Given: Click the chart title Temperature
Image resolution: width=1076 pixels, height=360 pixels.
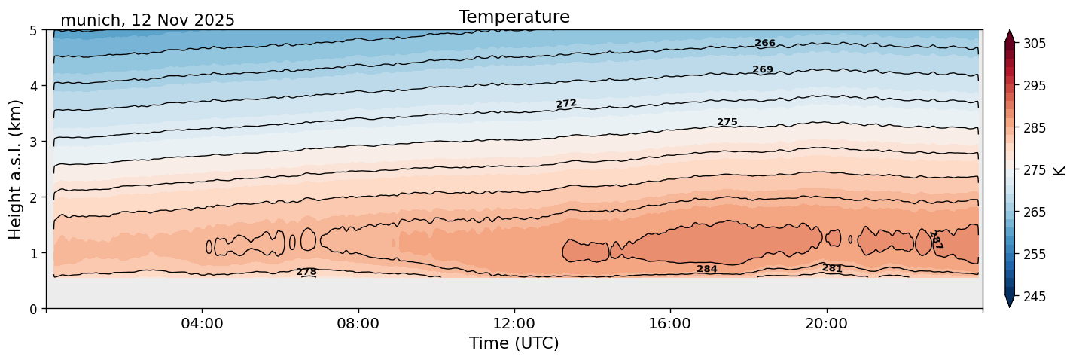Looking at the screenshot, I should pos(514,17).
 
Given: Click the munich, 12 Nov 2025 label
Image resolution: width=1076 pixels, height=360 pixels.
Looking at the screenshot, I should pos(148,20).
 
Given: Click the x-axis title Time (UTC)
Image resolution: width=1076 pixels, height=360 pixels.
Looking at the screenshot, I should pos(514,343).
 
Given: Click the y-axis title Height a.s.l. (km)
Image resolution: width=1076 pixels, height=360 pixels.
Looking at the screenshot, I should pos(16,169).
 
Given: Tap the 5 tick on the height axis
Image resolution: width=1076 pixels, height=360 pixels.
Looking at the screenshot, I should pos(34,30).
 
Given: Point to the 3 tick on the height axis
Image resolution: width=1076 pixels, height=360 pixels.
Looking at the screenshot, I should pos(34,142).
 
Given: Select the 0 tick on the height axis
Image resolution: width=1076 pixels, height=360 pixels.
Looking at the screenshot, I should pos(34,309).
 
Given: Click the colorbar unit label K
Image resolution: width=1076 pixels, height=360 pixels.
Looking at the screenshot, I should pos(1059,170).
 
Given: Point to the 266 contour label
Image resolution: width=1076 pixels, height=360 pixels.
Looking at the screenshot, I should pos(765,44).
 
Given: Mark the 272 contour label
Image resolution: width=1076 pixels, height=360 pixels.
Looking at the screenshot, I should pos(566,103).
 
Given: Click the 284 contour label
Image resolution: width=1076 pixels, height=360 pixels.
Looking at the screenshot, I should pos(707,269).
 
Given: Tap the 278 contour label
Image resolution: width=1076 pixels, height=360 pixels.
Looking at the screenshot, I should pos(306,272).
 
